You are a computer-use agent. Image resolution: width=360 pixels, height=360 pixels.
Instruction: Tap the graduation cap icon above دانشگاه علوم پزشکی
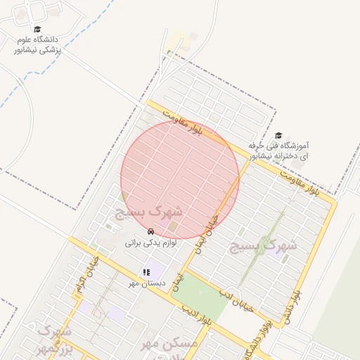coord(37,29)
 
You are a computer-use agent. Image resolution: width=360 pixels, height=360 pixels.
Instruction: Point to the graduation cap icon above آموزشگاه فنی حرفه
coord(278,135)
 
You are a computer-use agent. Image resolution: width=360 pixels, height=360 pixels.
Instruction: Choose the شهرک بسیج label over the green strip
coord(263,245)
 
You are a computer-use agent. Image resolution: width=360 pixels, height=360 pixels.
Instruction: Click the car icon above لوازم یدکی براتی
coord(150,231)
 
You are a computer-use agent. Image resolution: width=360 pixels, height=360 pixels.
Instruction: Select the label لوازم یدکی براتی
coord(150,243)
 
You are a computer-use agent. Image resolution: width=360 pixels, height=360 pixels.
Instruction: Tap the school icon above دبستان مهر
coord(146,271)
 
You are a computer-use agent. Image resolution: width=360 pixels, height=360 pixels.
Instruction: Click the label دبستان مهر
coord(146,283)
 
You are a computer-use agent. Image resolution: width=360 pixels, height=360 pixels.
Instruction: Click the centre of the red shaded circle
coord(180,179)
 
